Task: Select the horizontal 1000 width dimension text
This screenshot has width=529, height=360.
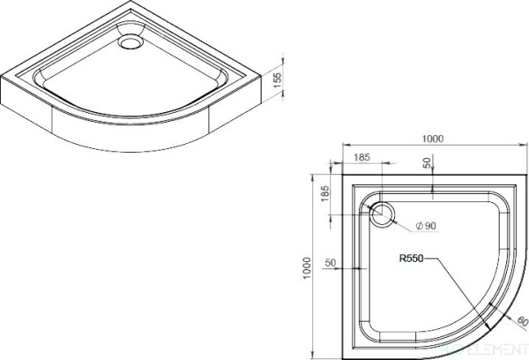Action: [431, 138]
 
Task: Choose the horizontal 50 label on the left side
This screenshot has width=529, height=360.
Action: [332, 263]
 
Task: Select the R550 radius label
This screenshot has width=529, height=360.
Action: [411, 259]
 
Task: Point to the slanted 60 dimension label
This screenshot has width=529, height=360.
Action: [523, 320]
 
